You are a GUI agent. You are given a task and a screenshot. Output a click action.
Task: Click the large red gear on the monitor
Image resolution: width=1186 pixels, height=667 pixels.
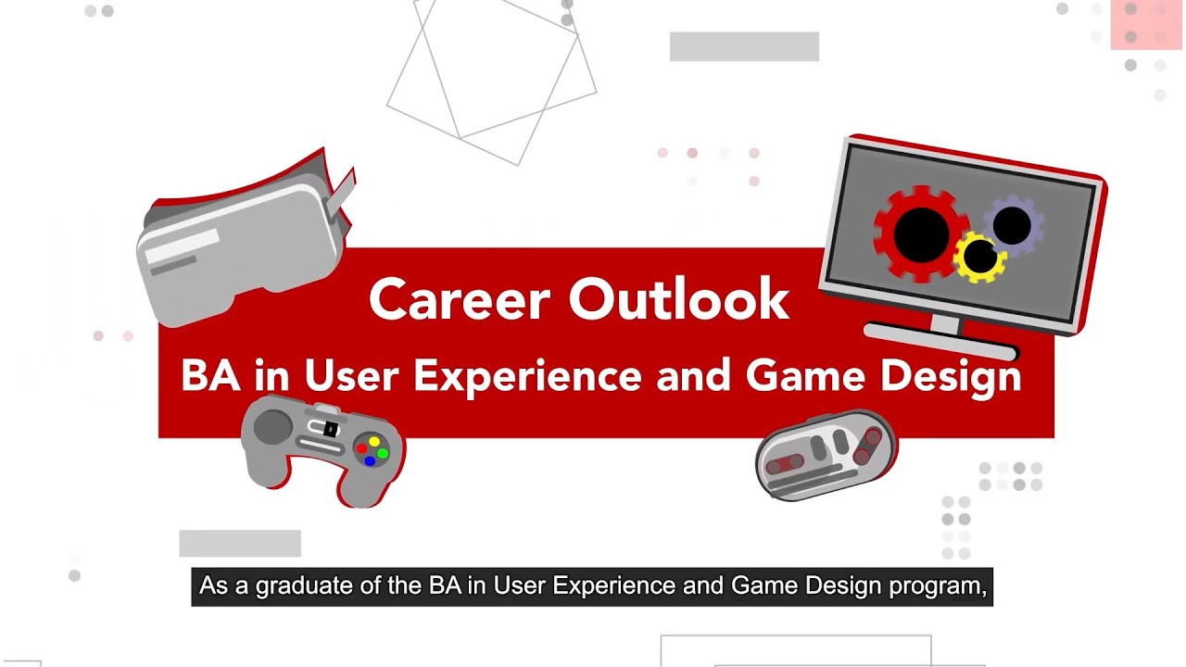pyautogui.click(x=919, y=233)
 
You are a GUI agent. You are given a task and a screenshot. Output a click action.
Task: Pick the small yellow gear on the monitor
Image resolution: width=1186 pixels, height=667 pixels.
pyautogui.click(x=979, y=258)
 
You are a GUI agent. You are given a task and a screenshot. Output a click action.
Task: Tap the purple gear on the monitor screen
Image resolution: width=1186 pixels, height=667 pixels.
pyautogui.click(x=1012, y=225)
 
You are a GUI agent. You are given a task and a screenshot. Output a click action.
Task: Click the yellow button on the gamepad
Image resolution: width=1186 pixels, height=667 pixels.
pyautogui.click(x=374, y=442)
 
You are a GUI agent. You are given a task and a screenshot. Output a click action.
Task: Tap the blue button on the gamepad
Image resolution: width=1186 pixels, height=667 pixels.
pyautogui.click(x=370, y=460)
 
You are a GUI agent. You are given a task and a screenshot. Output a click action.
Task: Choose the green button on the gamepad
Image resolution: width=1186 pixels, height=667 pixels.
pyautogui.click(x=383, y=453)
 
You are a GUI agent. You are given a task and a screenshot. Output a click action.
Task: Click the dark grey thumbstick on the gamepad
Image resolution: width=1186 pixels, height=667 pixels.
pyautogui.click(x=272, y=427)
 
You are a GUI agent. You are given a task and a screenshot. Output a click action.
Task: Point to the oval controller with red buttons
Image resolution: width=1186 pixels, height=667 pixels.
pyautogui.click(x=825, y=455)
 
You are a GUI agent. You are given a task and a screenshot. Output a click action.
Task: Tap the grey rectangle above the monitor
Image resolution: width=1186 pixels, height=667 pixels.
pyautogui.click(x=744, y=46)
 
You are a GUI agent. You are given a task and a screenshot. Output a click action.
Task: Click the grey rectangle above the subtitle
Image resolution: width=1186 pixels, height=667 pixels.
pyautogui.click(x=240, y=543)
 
